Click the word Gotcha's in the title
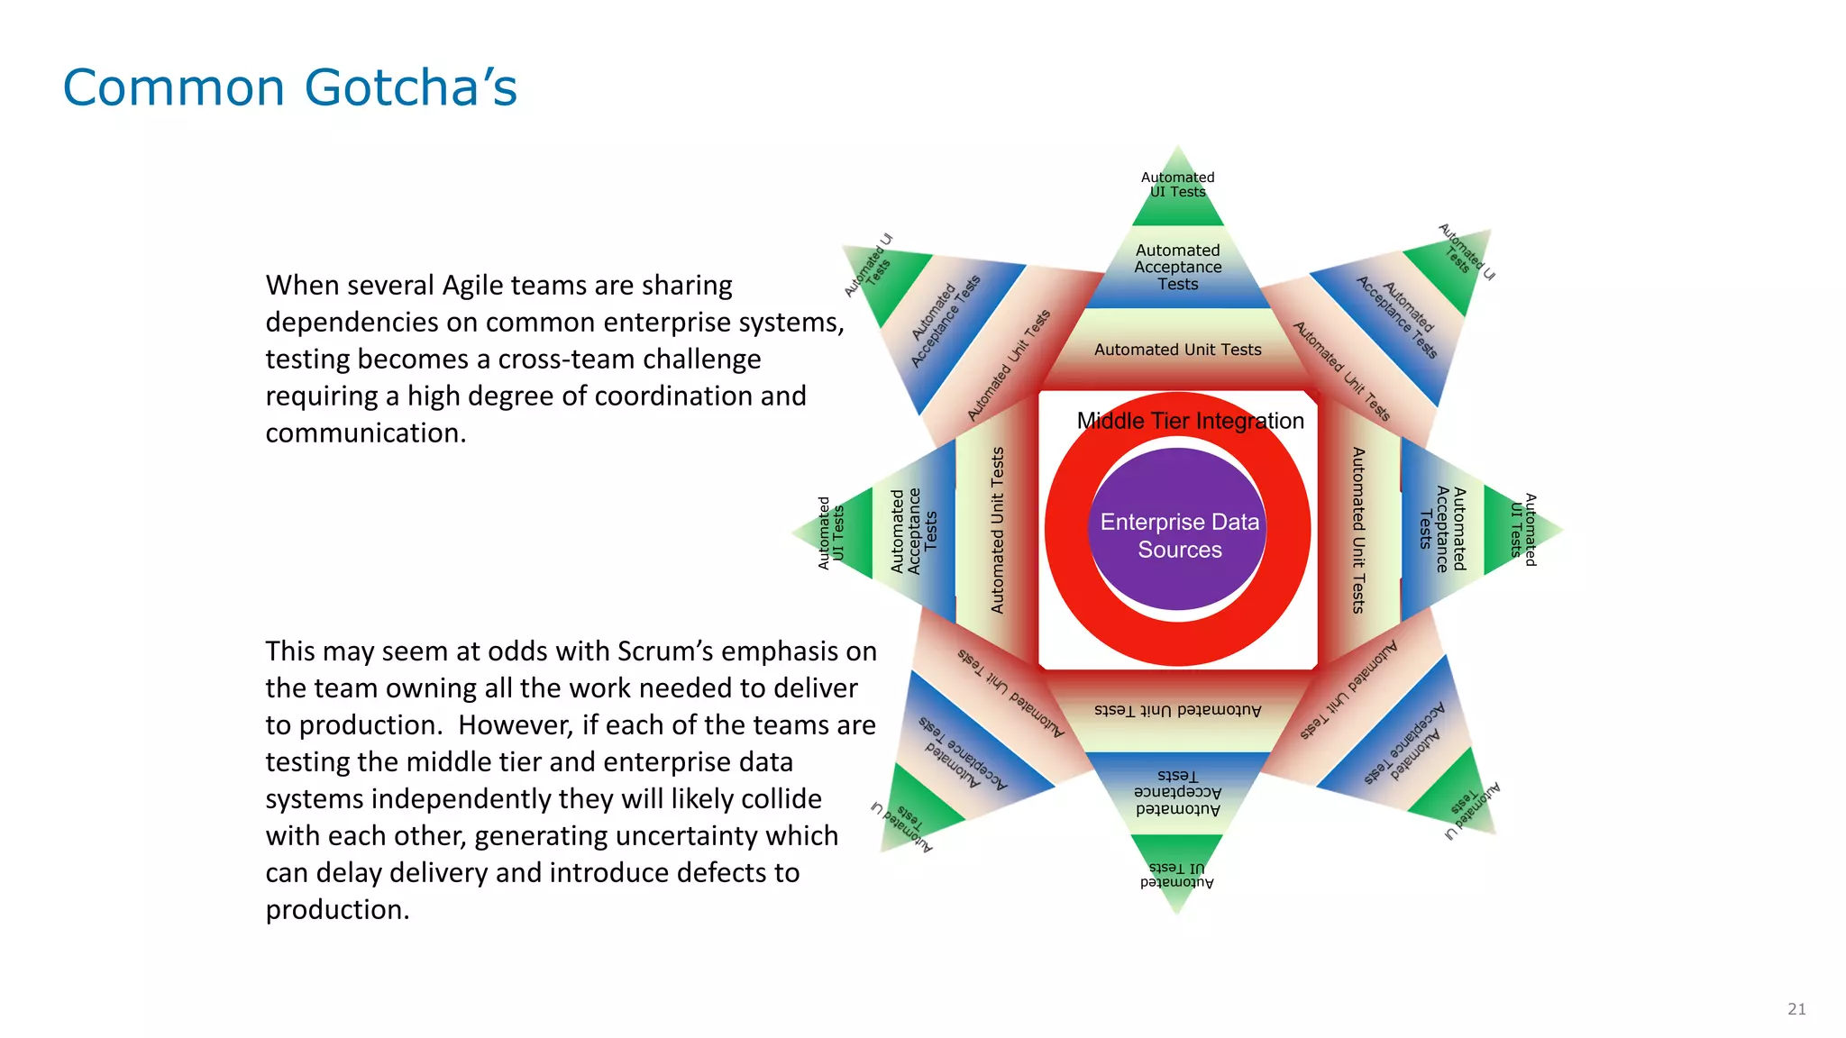[411, 87]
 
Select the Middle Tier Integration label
[1190, 421]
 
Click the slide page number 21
[1796, 1009]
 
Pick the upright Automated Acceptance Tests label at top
[1178, 268]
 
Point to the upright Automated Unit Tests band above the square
[1178, 350]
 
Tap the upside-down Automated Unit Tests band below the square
[1178, 710]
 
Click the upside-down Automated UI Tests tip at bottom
[1176, 874]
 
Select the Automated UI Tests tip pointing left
[831, 533]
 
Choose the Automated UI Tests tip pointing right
[1523, 530]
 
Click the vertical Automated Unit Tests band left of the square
[997, 531]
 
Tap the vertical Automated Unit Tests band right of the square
[1358, 531]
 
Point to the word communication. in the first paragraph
[366, 433]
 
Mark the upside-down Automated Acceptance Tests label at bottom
[1178, 792]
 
